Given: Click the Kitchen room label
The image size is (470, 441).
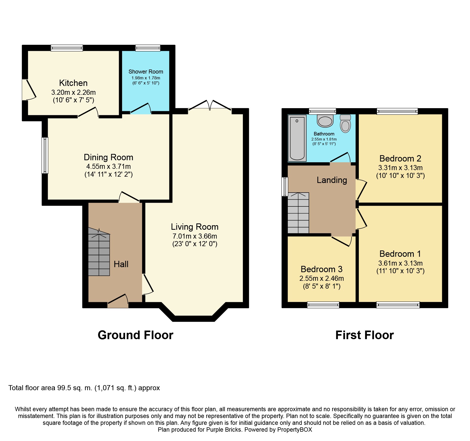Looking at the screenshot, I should tap(73, 83).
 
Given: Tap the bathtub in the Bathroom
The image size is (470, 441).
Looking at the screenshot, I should tap(297, 138).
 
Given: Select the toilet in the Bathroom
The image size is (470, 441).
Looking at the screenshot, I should tap(345, 124).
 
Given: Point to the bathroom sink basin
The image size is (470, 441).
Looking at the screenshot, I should tap(325, 121).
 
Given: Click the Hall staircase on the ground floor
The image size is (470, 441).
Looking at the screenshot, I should tap(99, 254).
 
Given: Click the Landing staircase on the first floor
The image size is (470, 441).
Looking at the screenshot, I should tap(298, 213).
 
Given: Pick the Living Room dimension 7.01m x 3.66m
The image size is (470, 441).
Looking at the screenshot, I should tap(195, 236).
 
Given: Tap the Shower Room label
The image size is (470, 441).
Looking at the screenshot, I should tap(146, 72).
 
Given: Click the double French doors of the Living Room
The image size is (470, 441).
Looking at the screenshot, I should tap(210, 105).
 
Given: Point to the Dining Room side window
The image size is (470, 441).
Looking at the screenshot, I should tap(45, 155).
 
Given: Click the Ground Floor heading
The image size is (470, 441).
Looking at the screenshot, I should tap(135, 335).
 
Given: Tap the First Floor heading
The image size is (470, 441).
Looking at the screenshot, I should tap(364, 335).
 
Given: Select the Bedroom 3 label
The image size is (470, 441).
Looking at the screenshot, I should tap(321, 269).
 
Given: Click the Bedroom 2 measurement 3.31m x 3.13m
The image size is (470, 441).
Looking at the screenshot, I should tap(400, 168).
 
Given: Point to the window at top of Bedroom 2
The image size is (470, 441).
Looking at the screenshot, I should tap(397, 111).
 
